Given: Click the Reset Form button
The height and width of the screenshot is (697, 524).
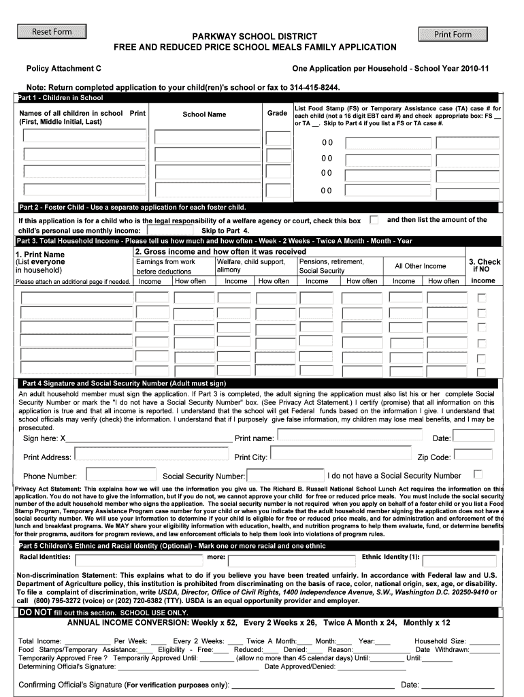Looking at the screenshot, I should pos(52,32).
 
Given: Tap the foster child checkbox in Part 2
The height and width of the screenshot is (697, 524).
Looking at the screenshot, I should pos(374,220).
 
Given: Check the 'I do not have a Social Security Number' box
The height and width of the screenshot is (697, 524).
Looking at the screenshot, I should pos(478,474).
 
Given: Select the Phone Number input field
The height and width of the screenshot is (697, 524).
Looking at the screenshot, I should pos(118,474).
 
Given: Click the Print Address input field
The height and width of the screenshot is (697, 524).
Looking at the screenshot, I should pos(152,455).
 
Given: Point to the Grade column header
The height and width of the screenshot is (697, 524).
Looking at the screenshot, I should pos(277,113).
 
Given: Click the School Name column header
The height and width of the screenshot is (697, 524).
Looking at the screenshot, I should pos(204,114).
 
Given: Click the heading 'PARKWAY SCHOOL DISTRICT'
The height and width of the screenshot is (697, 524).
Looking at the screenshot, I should pos(254,36).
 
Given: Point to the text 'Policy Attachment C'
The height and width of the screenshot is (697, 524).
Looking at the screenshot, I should pos(64,69).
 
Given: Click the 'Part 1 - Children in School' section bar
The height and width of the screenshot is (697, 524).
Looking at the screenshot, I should pos(61,98).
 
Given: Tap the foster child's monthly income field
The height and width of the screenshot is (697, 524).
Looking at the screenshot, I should pos(169,230).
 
